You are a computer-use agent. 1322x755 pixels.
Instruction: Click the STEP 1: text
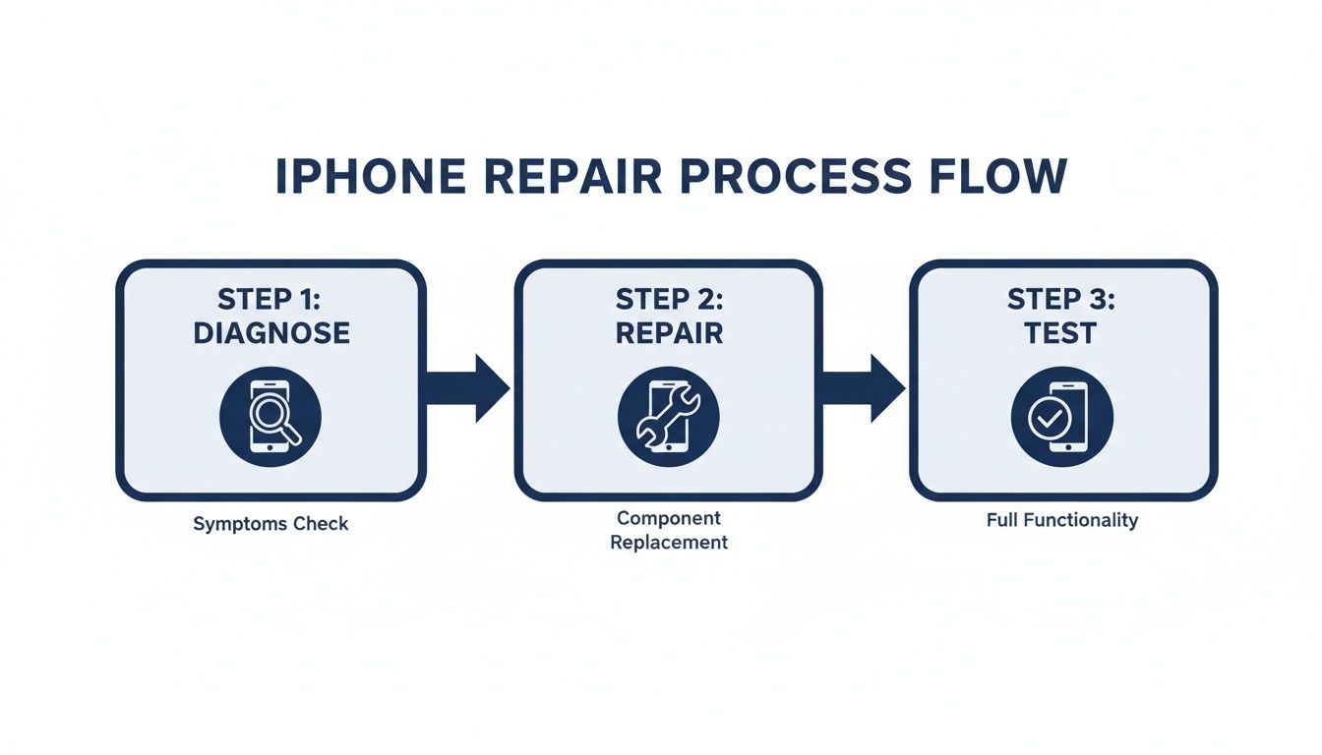point(271,299)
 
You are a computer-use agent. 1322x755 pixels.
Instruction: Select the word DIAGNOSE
point(271,332)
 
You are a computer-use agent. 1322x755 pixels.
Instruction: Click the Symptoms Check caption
point(270,523)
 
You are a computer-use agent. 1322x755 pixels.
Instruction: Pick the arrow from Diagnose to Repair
point(468,388)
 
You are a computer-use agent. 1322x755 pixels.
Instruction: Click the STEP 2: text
point(669,299)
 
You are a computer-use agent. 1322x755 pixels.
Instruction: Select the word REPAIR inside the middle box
point(669,332)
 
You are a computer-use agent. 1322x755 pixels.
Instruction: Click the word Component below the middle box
point(669,518)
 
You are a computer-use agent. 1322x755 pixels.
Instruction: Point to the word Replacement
point(669,542)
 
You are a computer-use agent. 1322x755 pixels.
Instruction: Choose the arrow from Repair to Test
point(864,388)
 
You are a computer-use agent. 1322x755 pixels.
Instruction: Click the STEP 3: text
point(1061,299)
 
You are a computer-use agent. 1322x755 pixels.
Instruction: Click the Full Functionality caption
point(1061,520)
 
